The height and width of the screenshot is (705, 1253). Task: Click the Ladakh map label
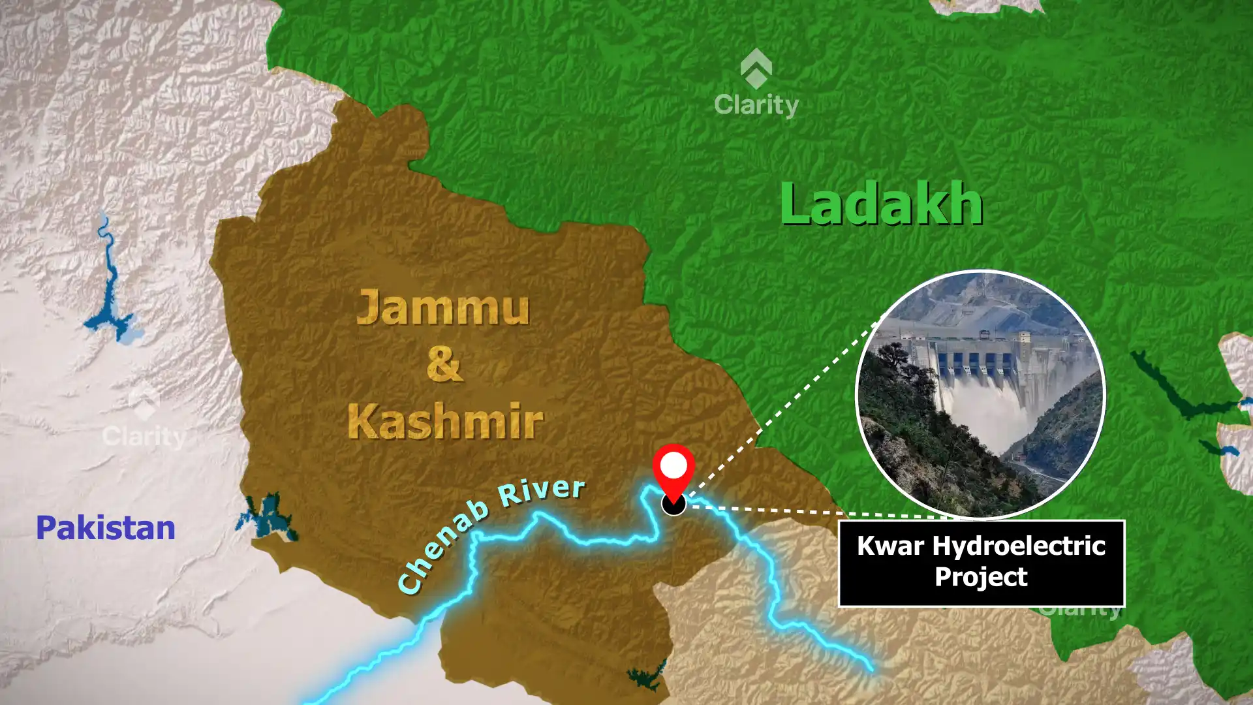pyautogui.click(x=881, y=204)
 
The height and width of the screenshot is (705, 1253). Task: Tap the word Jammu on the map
pyautogui.click(x=442, y=308)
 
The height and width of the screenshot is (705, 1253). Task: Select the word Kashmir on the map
pyautogui.click(x=445, y=421)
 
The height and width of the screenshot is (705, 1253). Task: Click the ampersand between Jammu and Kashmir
pyautogui.click(x=444, y=364)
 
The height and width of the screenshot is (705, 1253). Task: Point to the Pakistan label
pyautogui.click(x=106, y=527)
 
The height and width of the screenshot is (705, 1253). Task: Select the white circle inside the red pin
pyautogui.click(x=673, y=466)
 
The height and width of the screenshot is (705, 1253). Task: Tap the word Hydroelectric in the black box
pyautogui.click(x=1019, y=546)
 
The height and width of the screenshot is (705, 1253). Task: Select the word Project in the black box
pyautogui.click(x=981, y=577)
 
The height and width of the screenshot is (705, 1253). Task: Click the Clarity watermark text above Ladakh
pyautogui.click(x=756, y=104)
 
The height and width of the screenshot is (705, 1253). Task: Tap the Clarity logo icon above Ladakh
pyautogui.click(x=756, y=68)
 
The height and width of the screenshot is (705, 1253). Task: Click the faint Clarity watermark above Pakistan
pyautogui.click(x=144, y=436)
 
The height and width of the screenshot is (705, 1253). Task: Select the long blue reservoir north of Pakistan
pyautogui.click(x=108, y=287)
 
